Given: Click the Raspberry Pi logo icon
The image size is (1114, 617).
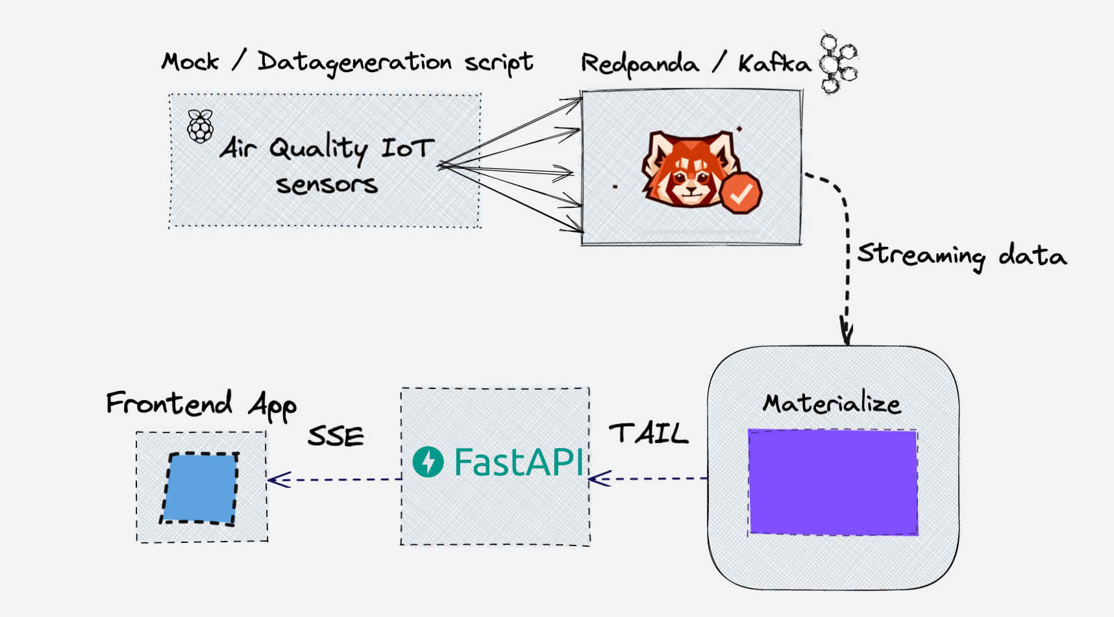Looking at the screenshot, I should coord(200,127).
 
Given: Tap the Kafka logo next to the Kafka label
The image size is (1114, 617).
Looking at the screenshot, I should coord(837,64).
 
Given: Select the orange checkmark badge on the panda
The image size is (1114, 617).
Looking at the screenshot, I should coord(741,193).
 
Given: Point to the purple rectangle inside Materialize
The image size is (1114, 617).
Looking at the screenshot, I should coord(833,482).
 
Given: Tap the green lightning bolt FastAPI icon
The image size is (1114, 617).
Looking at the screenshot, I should coord(428,462).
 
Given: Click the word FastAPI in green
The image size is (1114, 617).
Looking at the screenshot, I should coord(519,462).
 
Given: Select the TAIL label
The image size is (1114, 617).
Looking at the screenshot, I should coord(648,433).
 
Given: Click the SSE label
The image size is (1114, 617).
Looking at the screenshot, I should coord(336,436).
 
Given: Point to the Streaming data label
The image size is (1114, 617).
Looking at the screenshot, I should coord(961,255).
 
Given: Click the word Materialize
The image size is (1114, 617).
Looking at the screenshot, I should coord(832,403).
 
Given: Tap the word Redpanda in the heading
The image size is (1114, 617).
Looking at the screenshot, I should coord(639,64).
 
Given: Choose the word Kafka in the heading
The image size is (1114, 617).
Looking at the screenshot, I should coord(774,63).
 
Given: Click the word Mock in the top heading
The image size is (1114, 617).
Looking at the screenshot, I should coord(190,62).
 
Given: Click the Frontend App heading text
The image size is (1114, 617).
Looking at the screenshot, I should coord(201,404).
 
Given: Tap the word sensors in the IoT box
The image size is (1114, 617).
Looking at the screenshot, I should coord(327,184).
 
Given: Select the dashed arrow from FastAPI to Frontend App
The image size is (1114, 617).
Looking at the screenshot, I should coord(334,480).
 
